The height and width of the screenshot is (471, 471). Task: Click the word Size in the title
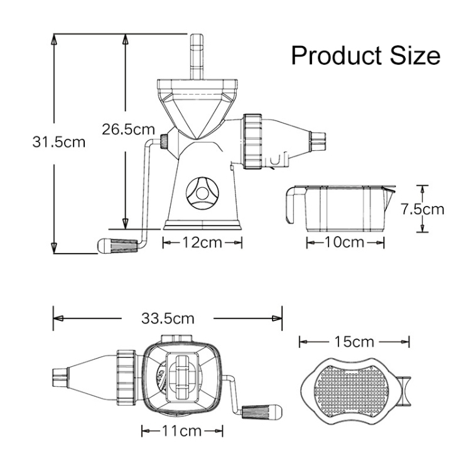(x=416, y=56)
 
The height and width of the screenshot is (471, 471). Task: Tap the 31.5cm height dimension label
(x=59, y=142)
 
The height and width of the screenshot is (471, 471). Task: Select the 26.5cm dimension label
(x=128, y=129)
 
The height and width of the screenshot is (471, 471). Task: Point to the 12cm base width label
(x=202, y=242)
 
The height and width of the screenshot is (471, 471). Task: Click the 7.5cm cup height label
(x=423, y=209)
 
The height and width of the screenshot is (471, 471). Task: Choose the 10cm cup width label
(x=345, y=242)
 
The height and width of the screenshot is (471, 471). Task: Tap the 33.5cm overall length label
(x=168, y=318)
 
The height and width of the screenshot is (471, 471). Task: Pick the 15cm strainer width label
(x=354, y=342)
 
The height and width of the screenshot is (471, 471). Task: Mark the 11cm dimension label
(x=181, y=431)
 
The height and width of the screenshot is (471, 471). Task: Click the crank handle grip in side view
(x=117, y=246)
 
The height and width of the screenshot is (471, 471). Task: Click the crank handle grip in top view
(x=262, y=412)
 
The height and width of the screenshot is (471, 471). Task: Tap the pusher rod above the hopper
(x=197, y=57)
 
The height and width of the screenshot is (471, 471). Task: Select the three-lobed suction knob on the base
(x=202, y=193)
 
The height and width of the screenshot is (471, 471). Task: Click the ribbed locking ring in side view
(x=253, y=141)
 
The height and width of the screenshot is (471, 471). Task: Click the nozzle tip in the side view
(x=318, y=141)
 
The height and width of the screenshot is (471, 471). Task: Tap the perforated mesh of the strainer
(x=352, y=392)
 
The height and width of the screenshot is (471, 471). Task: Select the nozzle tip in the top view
(x=60, y=378)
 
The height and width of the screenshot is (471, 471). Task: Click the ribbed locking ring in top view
(x=126, y=377)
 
